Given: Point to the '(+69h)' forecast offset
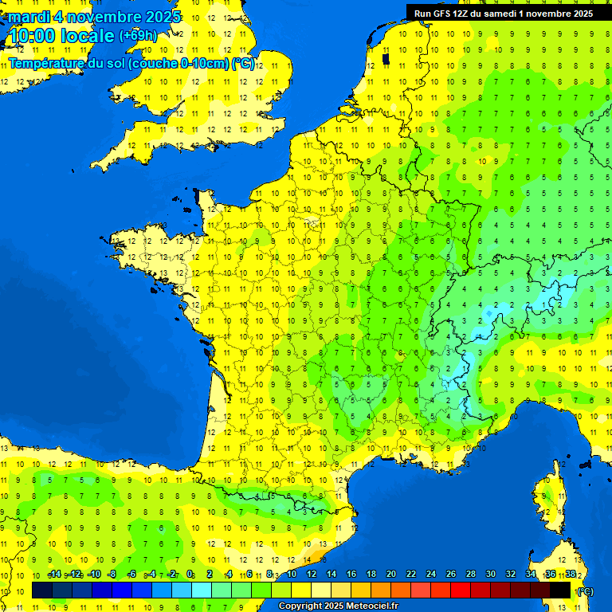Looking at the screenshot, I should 138,36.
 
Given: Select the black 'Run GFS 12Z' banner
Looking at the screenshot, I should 503,13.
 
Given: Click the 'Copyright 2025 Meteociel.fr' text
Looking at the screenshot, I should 338,606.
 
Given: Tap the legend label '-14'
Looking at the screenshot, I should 54,575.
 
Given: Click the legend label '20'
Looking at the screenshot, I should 390,575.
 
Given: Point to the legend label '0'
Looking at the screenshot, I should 190,575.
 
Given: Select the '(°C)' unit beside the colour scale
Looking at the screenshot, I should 585,591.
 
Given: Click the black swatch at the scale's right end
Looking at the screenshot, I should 560,590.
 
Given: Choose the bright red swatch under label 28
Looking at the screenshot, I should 461,590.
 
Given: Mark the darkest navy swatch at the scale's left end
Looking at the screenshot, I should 42,590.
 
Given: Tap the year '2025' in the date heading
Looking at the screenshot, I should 159,17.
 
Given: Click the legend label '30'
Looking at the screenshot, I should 490,575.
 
